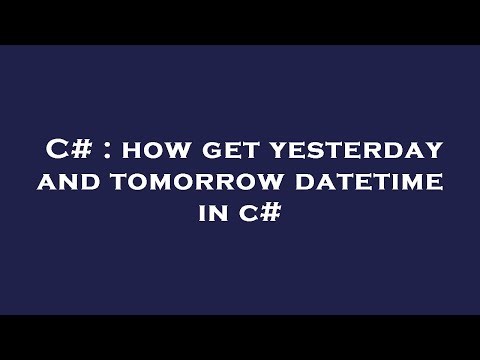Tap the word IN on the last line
click(204, 214)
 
